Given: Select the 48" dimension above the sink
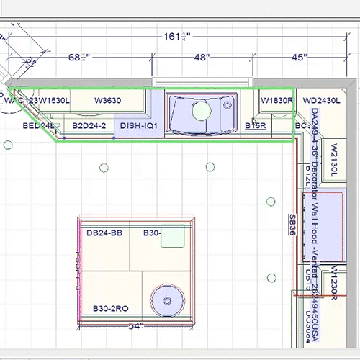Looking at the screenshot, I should coord(201,57).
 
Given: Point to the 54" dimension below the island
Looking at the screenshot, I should coord(135,326).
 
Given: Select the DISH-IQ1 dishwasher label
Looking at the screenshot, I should coord(139,126).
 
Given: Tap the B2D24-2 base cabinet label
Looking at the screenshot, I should coord(89,126).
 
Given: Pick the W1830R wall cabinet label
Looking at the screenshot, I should coord(276,101).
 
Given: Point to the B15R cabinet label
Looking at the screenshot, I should coord(256,126).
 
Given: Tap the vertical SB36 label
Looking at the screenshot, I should coord(293,225).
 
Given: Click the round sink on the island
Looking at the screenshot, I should coord(165,297).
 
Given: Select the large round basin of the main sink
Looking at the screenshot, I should coord(202,112).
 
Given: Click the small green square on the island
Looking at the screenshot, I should coord(172,238).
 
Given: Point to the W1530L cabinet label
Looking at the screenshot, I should coord(55,101).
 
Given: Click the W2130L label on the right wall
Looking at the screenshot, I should coord(333,158).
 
